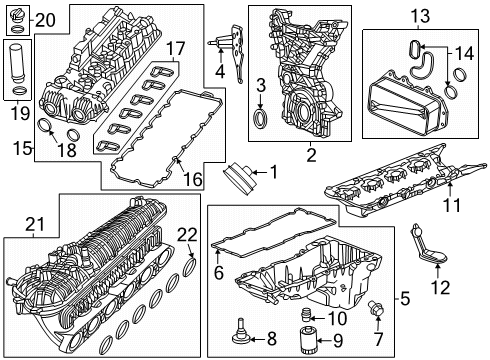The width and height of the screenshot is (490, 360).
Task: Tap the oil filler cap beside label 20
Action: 16,19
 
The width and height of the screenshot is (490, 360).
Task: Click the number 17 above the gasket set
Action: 176,47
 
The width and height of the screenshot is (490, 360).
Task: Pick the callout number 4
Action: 220,71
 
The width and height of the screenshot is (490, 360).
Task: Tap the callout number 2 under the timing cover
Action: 311,155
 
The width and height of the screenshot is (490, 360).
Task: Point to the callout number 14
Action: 463,52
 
